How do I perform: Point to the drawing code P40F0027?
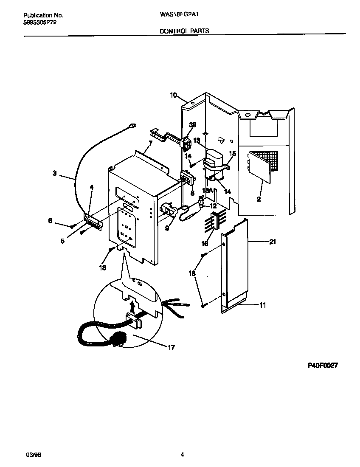pos(322,366)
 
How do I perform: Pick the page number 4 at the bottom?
pos(182,455)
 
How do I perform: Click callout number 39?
pos(193,125)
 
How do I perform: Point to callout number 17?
pos(172,347)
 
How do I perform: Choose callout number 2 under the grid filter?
pos(259,198)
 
